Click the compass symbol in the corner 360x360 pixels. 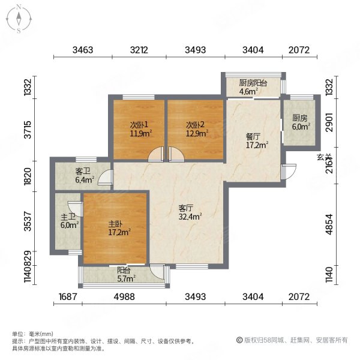19,18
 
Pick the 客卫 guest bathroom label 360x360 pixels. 83,171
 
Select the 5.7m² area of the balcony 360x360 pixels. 125,278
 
